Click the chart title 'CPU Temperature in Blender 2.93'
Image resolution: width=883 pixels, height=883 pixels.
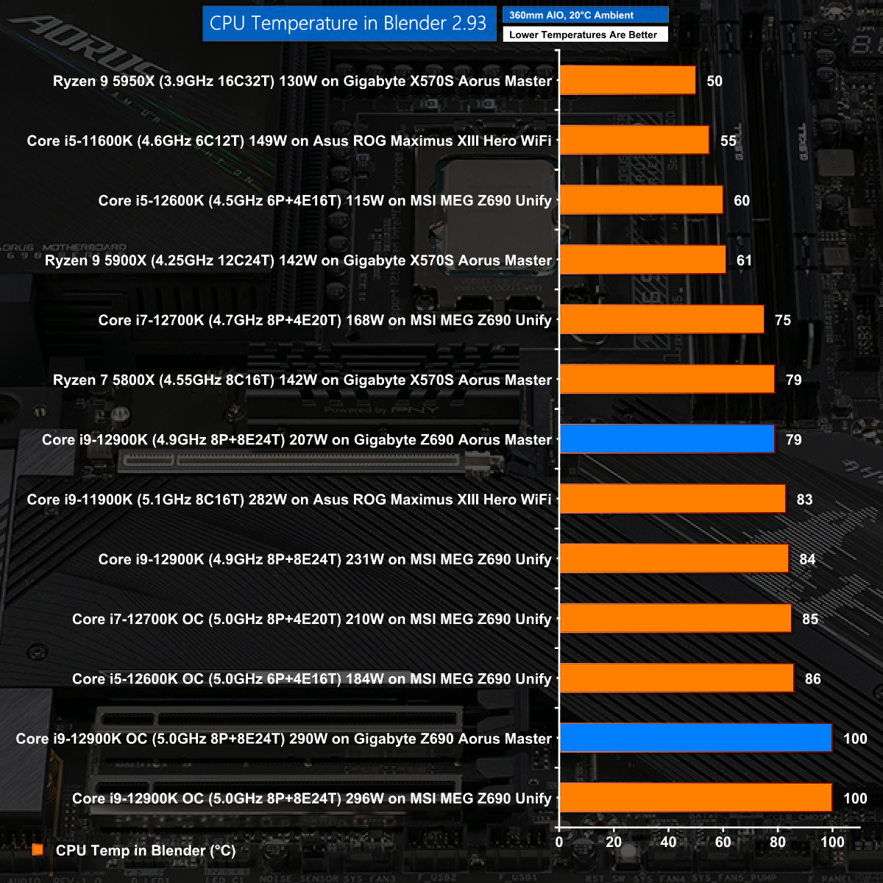tap(348, 24)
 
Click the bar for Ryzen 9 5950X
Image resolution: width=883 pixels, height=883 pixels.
tap(628, 80)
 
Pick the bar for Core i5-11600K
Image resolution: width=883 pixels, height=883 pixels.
tap(634, 140)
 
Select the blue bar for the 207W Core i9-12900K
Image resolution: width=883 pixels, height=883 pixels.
tap(667, 439)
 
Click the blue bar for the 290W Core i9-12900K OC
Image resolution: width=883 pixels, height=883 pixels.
tap(695, 738)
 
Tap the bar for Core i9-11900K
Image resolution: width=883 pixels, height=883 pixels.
tap(673, 499)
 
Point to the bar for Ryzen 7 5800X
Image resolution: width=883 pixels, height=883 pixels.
tap(667, 380)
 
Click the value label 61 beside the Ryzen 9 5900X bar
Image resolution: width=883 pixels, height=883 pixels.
tap(744, 260)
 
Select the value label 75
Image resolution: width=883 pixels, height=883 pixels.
tap(783, 320)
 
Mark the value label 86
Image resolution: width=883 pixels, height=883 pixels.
tap(812, 678)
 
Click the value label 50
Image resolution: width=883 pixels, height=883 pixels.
tap(714, 81)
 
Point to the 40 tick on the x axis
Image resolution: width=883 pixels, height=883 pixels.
tap(668, 842)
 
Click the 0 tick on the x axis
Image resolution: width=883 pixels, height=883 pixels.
tap(559, 842)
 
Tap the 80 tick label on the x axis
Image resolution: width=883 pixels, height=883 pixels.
tap(778, 842)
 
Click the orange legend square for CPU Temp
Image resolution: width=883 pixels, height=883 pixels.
tap(38, 850)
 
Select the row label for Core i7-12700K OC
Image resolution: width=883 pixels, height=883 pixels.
tap(311, 619)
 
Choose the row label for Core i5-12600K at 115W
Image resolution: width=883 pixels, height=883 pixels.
tap(325, 201)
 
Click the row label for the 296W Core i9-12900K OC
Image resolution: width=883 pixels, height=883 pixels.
tap(311, 798)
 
